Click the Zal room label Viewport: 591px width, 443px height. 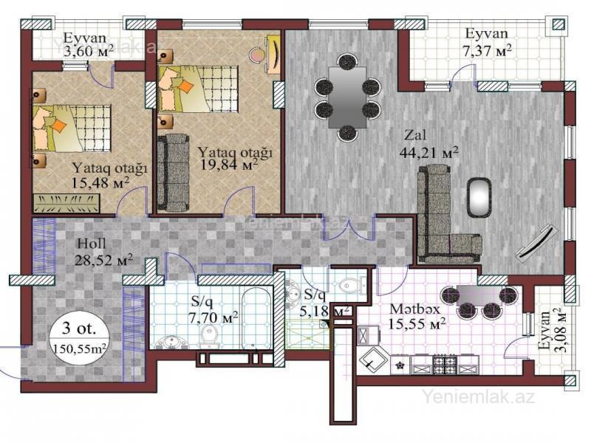[x=416, y=134]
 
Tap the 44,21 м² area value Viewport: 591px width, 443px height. [x=428, y=153]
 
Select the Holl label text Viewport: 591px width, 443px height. [x=92, y=244]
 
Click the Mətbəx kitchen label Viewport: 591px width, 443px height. [x=414, y=309]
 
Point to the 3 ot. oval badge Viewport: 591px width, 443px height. [x=79, y=337]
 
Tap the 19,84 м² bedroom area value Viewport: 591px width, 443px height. [x=229, y=164]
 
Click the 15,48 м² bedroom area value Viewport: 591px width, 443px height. [x=100, y=182]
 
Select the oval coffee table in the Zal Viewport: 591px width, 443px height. [x=479, y=197]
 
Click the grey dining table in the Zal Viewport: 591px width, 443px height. [x=347, y=97]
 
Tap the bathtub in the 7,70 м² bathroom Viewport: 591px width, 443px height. [x=256, y=319]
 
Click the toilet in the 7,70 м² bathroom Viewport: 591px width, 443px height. [x=210, y=336]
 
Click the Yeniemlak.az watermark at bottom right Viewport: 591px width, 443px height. [x=478, y=396]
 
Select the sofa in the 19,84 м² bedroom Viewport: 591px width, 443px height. [x=173, y=173]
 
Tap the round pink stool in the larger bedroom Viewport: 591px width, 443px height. [x=257, y=55]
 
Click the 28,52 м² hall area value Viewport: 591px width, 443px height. [x=103, y=260]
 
